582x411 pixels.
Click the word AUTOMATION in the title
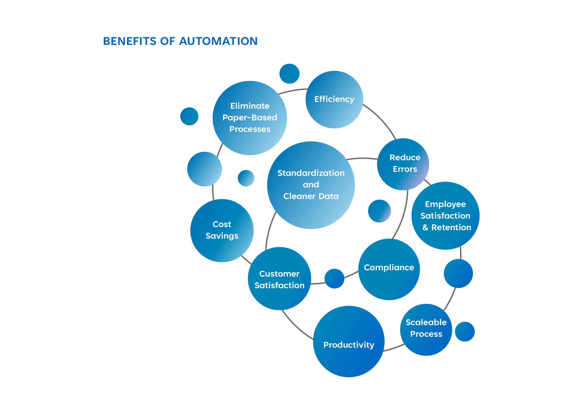[218, 41]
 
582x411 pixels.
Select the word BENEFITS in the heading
[130, 41]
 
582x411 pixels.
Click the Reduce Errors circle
[403, 164]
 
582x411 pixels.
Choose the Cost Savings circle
[222, 231]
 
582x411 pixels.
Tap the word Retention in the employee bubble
[451, 227]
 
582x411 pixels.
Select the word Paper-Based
[250, 117]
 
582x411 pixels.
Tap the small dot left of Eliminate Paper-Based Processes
[189, 116]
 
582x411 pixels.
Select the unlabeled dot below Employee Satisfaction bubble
[458, 273]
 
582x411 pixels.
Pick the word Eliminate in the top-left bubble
[250, 106]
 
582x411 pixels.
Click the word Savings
[222, 236]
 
